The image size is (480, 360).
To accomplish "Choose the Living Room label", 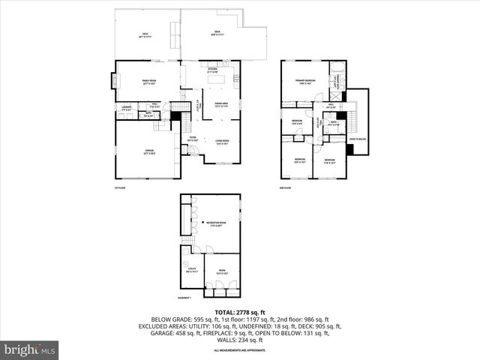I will point(222,141).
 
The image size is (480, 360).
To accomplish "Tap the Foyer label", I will point(193,138).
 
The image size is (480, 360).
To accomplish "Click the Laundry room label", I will point(126,109).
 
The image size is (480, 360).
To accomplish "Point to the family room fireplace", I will point(115,79).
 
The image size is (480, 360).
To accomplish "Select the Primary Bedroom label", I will point(305,81).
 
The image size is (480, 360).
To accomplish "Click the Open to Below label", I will point(357,139).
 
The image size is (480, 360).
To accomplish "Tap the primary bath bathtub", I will point(336,75).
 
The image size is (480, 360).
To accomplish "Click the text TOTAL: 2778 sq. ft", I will point(239,312).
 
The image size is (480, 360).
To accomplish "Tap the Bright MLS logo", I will point(30,349).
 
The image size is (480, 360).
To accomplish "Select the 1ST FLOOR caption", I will point(119,187).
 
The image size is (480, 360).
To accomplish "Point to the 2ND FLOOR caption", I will point(285,187).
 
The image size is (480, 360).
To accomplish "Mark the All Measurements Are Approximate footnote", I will point(239,350).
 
